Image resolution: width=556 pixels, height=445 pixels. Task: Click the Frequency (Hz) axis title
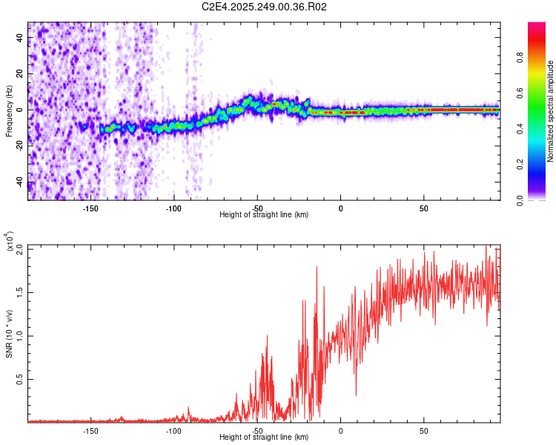(x=9, y=111)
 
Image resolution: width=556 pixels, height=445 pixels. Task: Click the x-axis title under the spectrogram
(x=264, y=214)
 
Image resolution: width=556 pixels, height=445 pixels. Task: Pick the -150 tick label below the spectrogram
(x=90, y=208)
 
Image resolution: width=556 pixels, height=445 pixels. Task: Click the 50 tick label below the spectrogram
(x=424, y=208)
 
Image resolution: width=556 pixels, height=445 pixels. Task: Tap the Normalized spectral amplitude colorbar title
(x=551, y=111)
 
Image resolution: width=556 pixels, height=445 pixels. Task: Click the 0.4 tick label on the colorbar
(x=520, y=128)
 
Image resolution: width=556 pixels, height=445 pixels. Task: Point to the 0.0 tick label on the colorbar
(x=520, y=198)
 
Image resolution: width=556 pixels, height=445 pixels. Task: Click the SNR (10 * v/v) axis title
(x=9, y=333)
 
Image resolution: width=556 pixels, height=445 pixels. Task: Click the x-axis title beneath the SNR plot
(x=264, y=436)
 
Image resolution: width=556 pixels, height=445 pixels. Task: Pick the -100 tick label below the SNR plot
(x=173, y=430)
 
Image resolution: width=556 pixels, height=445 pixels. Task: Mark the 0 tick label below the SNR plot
(x=340, y=430)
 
